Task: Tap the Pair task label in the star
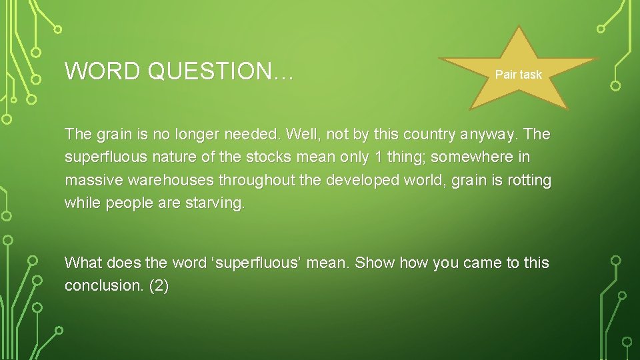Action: coord(518,75)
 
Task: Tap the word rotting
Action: coord(529,181)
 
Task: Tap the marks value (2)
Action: coord(159,285)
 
